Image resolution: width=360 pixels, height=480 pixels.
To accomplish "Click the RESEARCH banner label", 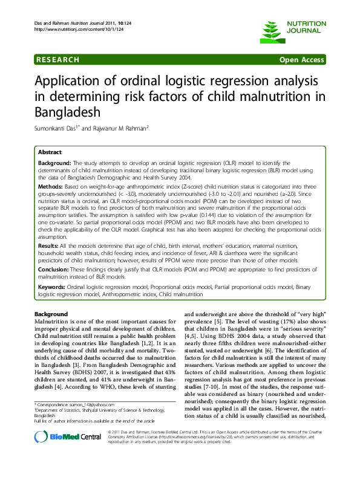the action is (x=58, y=60).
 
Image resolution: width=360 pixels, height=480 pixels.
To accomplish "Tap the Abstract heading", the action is (x=50, y=152).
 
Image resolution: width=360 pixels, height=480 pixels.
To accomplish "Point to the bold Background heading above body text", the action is (x=51, y=314).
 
